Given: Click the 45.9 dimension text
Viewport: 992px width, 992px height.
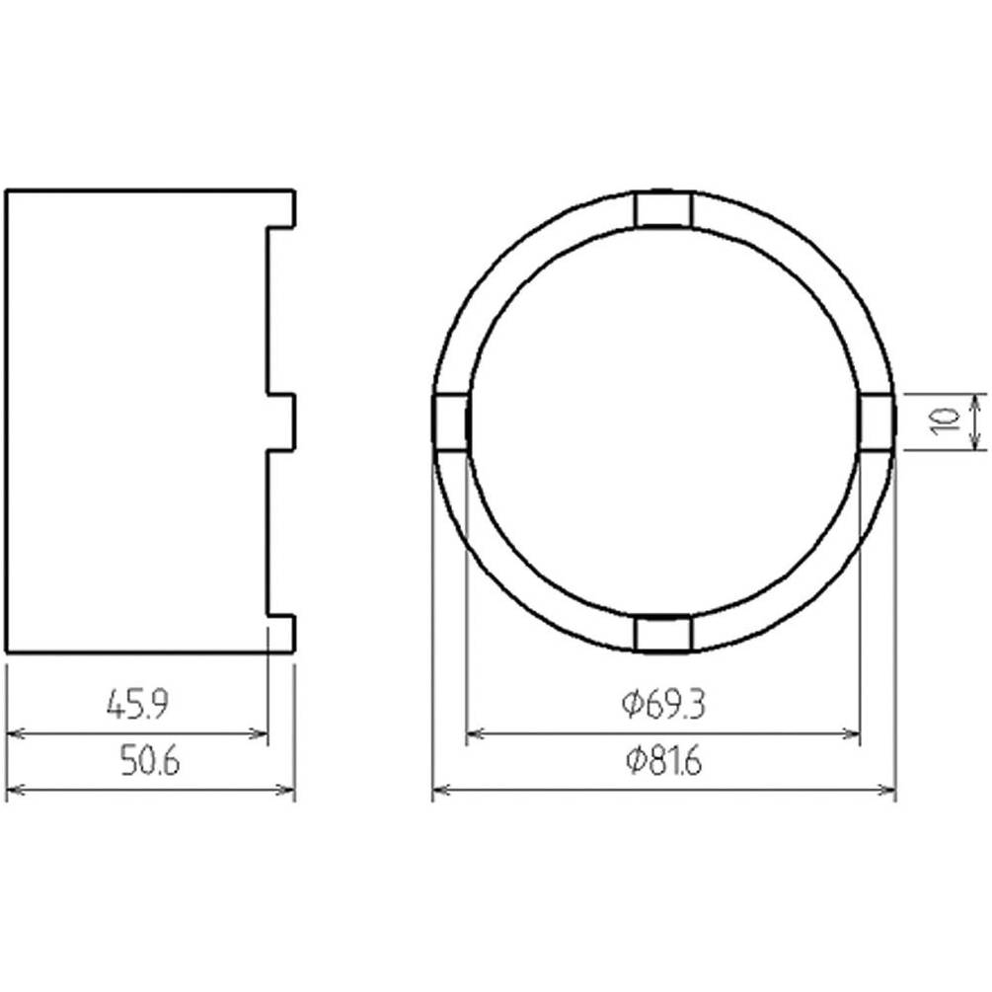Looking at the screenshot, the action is click(137, 704).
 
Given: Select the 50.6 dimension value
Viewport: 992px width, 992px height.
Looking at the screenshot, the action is click(150, 760).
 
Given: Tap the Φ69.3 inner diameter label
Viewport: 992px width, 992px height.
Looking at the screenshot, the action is click(663, 704).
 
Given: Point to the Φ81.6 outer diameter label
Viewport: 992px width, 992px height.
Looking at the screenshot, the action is click(663, 760).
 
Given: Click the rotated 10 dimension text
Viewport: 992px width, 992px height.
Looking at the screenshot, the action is click(946, 421).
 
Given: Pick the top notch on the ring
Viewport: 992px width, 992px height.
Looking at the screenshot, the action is click(663, 209).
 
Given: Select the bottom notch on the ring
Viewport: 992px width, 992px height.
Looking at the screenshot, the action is click(663, 634).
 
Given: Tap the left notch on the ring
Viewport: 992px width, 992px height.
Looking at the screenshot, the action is click(451, 421).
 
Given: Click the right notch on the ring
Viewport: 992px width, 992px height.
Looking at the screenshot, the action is click(877, 421).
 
